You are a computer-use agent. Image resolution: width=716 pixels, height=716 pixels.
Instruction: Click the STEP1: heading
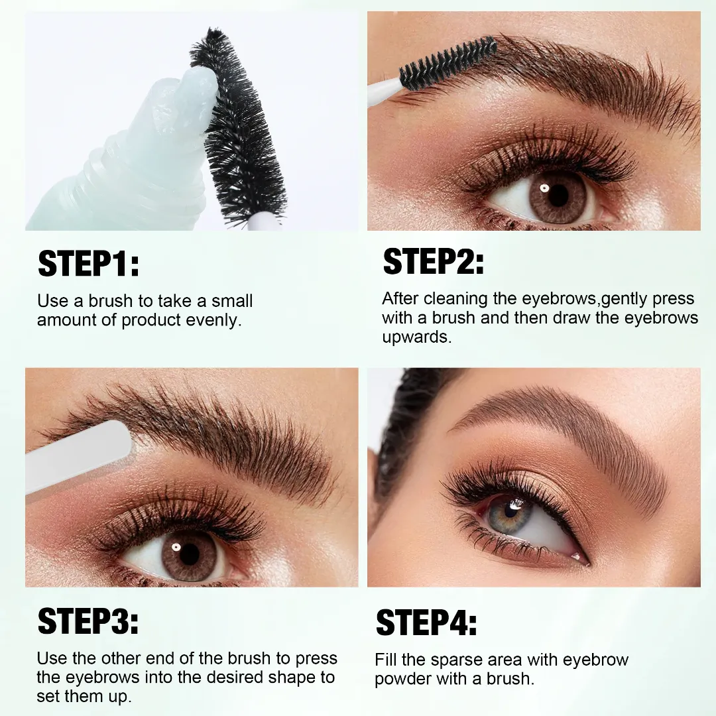coord(89,263)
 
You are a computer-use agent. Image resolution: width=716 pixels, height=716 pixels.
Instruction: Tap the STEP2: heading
coord(434,261)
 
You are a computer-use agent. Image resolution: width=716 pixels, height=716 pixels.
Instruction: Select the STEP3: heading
coord(88,621)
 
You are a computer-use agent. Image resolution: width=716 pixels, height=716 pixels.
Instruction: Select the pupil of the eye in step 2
coord(558,196)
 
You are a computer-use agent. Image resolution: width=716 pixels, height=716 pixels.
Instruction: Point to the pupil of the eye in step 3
coord(189,554)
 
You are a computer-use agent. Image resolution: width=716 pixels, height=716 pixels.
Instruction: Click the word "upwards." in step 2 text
coord(416,337)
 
